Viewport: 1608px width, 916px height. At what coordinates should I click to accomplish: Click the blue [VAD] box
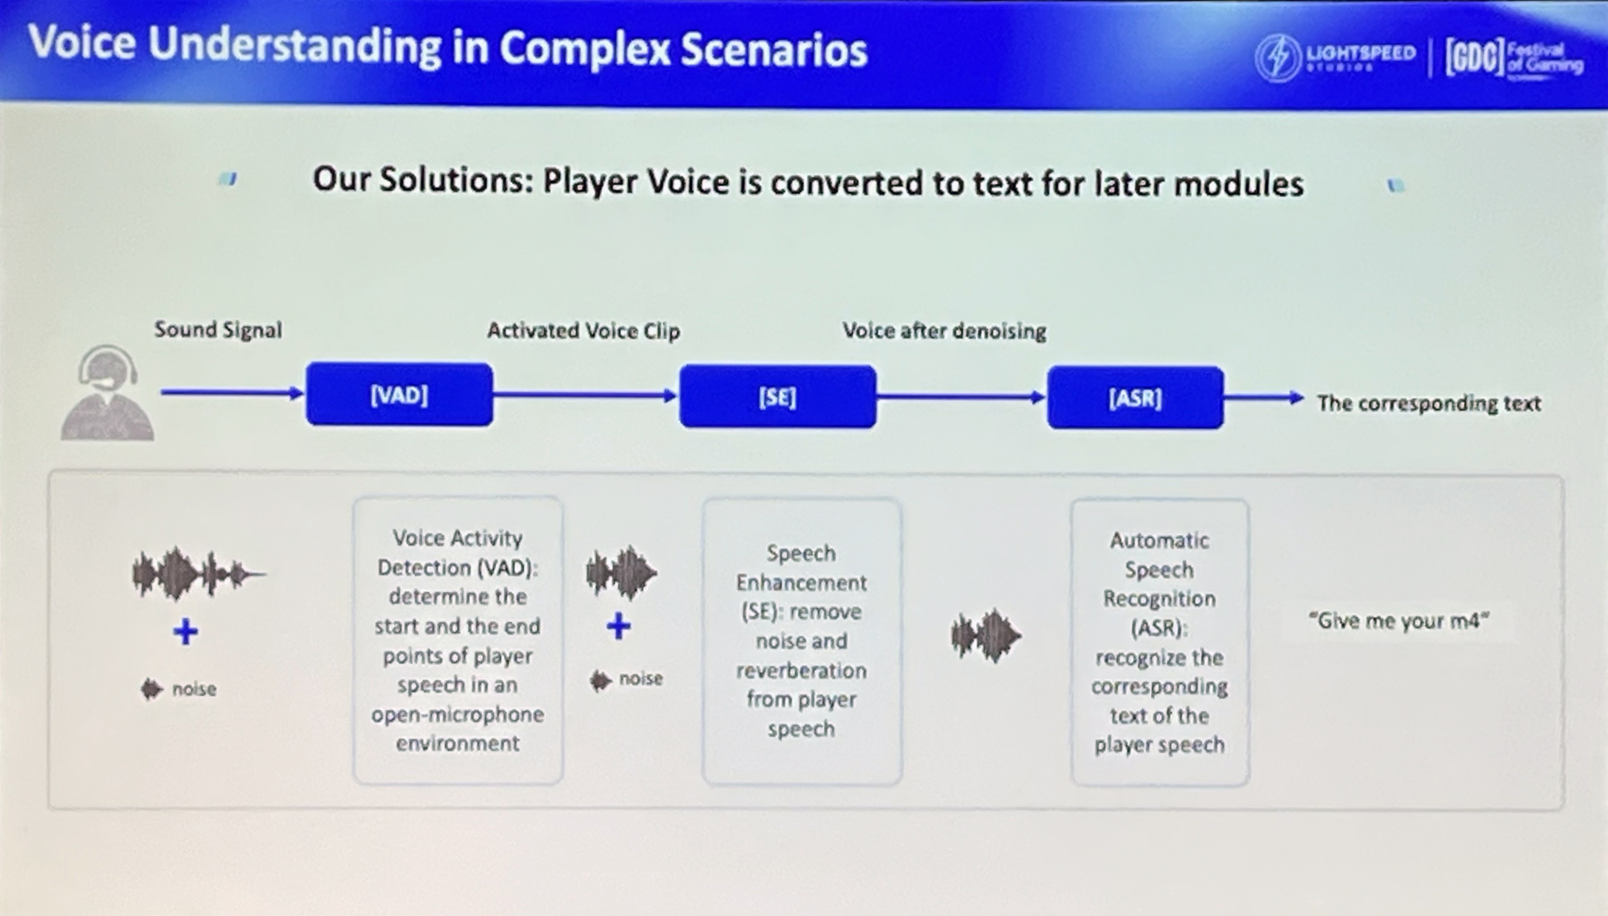pyautogui.click(x=399, y=395)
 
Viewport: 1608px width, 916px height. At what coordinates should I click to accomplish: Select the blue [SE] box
pyautogui.click(x=777, y=396)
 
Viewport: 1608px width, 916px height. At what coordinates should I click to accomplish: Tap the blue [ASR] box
pyautogui.click(x=1135, y=398)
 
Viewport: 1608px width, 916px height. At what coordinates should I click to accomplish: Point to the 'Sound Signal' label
pyautogui.click(x=218, y=330)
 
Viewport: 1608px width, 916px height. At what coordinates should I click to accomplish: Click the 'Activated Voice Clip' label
pyautogui.click(x=583, y=331)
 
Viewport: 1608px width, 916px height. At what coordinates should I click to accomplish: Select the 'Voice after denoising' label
pyautogui.click(x=944, y=331)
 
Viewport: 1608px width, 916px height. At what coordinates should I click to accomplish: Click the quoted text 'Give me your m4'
pyautogui.click(x=1398, y=621)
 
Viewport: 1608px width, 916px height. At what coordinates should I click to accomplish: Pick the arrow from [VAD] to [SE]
pyautogui.click(x=585, y=396)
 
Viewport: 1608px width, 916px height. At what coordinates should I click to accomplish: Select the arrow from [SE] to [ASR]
pyautogui.click(x=961, y=397)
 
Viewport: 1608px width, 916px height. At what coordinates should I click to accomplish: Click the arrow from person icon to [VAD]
pyautogui.click(x=232, y=393)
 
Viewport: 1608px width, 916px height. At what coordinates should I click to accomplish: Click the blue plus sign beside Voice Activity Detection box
pyautogui.click(x=185, y=631)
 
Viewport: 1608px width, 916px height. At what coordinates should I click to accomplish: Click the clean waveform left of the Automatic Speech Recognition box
pyautogui.click(x=985, y=636)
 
